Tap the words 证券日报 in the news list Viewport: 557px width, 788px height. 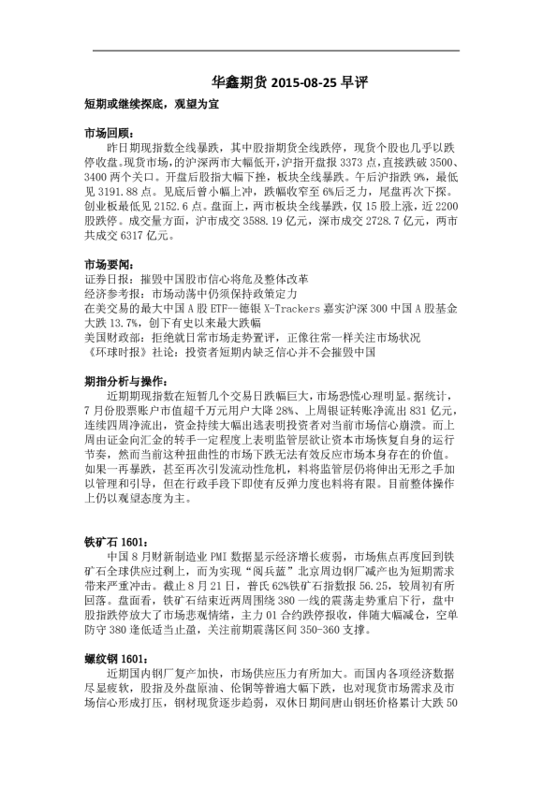click(x=104, y=279)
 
